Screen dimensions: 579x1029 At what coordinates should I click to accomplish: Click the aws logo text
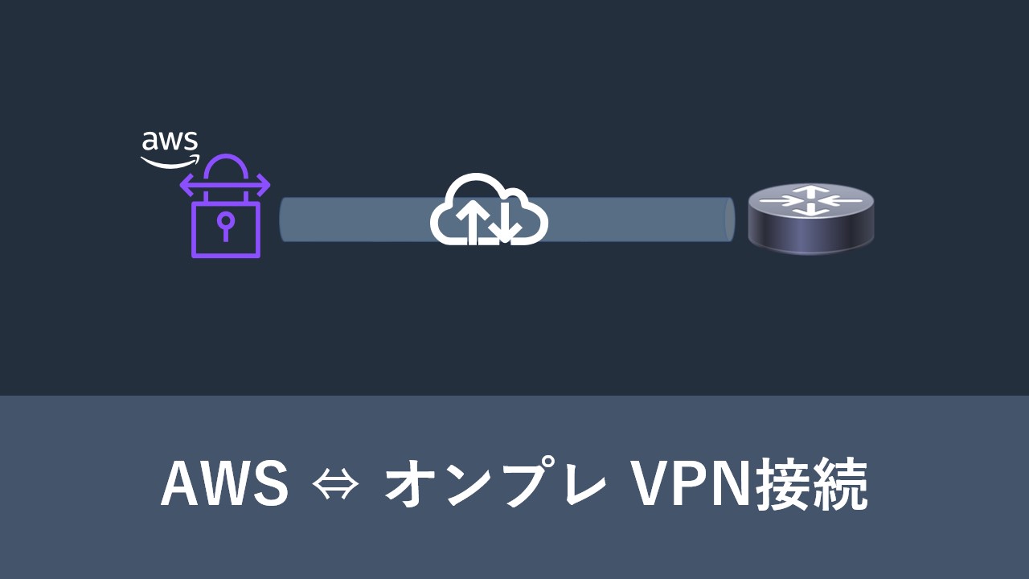tap(170, 142)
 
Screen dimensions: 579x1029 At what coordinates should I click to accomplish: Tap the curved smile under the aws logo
tap(169, 161)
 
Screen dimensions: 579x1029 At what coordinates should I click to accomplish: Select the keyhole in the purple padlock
tap(225, 224)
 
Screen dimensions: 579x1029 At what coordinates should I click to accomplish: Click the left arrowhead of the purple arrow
tap(185, 187)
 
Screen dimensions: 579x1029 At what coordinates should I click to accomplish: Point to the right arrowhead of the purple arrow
tap(264, 187)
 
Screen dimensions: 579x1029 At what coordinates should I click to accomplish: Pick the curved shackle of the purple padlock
tap(225, 170)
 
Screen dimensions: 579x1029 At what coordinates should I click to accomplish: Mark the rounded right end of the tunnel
tap(729, 219)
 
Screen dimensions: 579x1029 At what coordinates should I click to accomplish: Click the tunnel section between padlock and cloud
tap(354, 219)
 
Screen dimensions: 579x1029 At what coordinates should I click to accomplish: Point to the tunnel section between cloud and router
tap(635, 219)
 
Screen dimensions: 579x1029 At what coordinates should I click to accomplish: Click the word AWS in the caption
tap(224, 484)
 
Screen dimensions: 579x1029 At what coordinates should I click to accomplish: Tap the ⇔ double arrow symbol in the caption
tap(335, 485)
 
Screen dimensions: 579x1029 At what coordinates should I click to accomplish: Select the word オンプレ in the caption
tap(495, 484)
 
